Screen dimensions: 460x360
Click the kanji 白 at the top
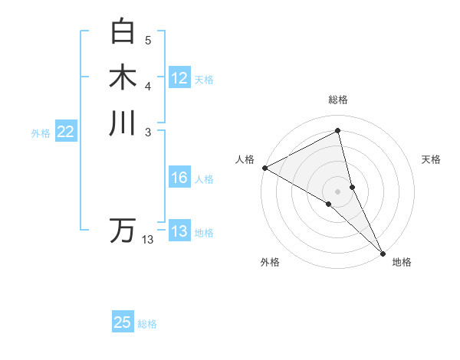pyautogui.click(x=123, y=32)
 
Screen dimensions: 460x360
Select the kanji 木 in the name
pyautogui.click(x=123, y=77)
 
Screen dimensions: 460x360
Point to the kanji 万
pyautogui.click(x=123, y=231)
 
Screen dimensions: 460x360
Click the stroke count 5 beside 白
pyautogui.click(x=148, y=41)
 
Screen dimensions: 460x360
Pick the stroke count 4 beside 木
pyautogui.click(x=148, y=86)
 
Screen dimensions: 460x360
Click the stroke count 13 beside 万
pyautogui.click(x=148, y=240)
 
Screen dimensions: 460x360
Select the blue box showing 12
pyautogui.click(x=179, y=78)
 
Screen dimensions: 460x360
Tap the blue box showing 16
pyautogui.click(x=179, y=178)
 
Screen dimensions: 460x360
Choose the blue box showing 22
pyautogui.click(x=66, y=133)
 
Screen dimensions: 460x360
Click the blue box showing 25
pyautogui.click(x=123, y=322)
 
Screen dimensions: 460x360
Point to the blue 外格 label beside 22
pyautogui.click(x=41, y=133)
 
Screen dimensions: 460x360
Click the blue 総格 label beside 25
pyautogui.click(x=147, y=324)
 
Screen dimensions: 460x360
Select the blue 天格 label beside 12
pyautogui.click(x=204, y=79)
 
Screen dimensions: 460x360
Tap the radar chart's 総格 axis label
pyautogui.click(x=338, y=100)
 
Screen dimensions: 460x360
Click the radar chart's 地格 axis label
pyautogui.click(x=402, y=262)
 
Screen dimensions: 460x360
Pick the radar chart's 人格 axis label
pyautogui.click(x=245, y=159)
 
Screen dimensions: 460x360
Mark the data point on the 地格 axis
pyautogui.click(x=383, y=253)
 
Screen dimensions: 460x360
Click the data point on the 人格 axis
pyautogui.click(x=264, y=168)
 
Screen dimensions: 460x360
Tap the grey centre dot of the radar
pyautogui.click(x=338, y=191)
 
